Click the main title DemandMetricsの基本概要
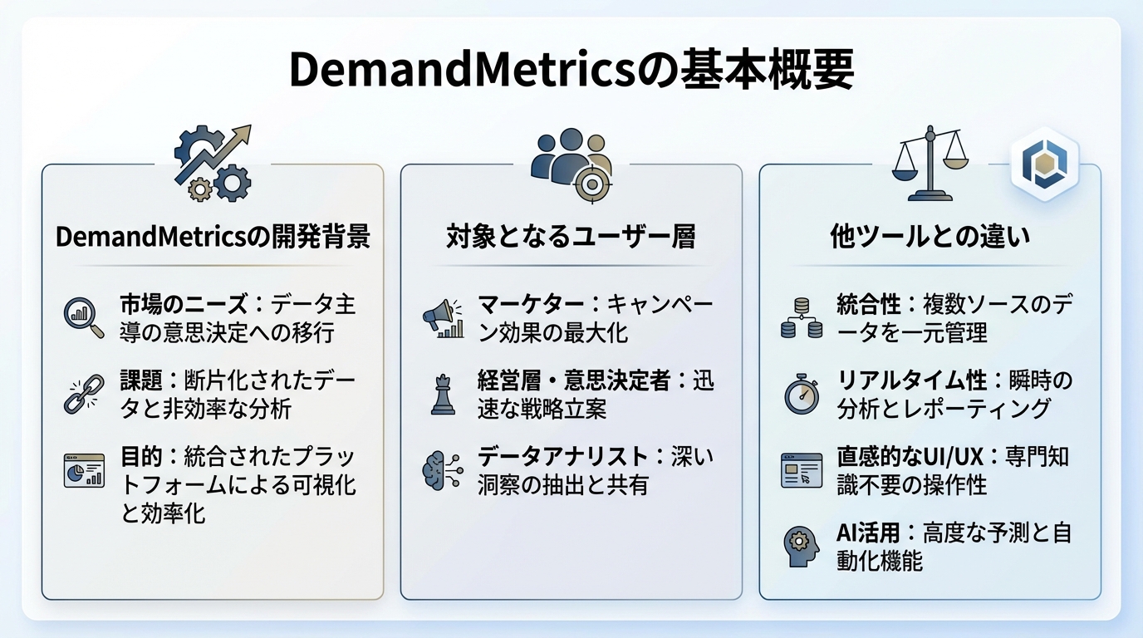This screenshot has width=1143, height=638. [x=571, y=71]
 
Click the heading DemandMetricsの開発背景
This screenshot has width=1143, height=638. [x=213, y=237]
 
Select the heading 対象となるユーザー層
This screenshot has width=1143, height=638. [x=571, y=237]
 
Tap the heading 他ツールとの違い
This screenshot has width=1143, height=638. [x=930, y=237]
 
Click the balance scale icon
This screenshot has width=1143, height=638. [x=930, y=164]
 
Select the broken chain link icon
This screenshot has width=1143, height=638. [x=84, y=394]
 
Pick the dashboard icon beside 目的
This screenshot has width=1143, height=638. [x=84, y=470]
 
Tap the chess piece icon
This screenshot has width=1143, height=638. [x=442, y=394]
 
